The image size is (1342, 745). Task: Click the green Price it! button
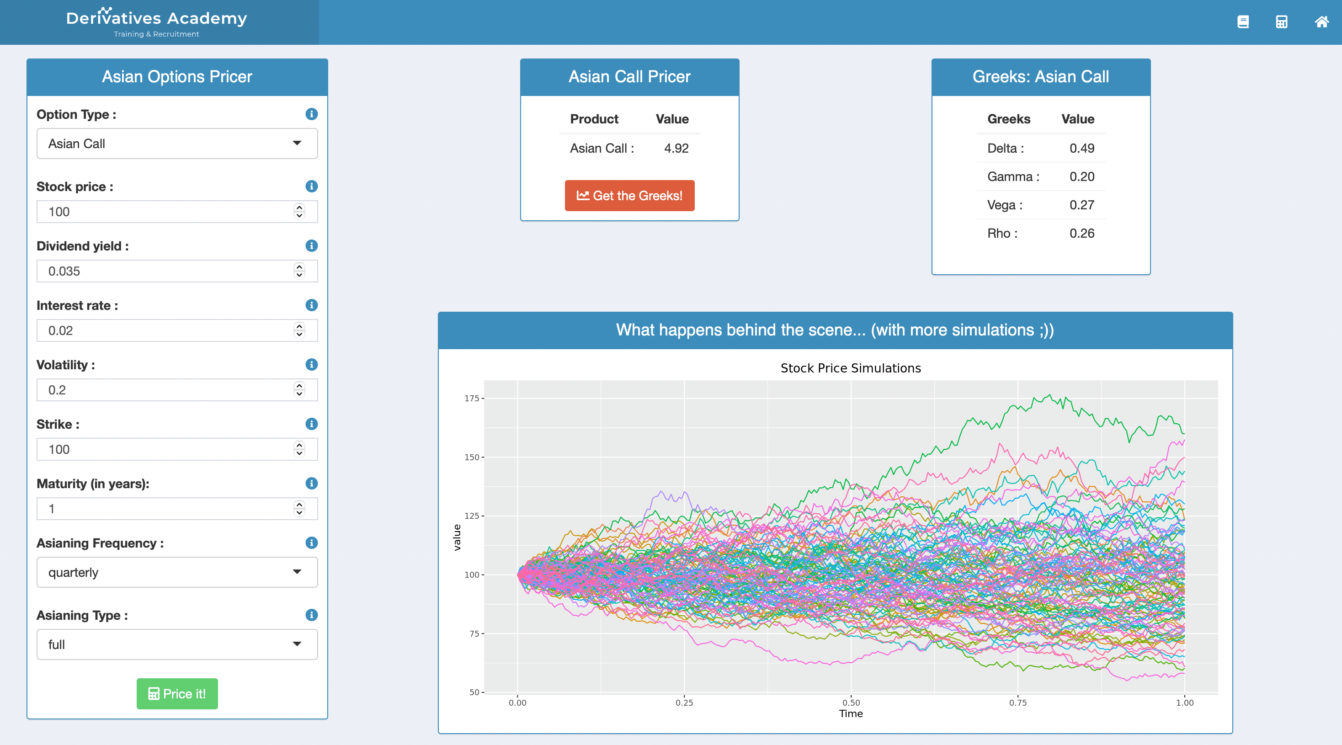tap(177, 693)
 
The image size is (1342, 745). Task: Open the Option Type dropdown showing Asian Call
tap(177, 144)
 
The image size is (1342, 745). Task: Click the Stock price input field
tap(177, 212)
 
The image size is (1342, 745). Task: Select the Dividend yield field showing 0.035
tap(177, 271)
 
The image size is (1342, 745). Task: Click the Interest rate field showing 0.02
tap(177, 330)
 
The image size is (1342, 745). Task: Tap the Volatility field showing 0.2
tap(177, 390)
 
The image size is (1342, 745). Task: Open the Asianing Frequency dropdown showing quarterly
tap(177, 572)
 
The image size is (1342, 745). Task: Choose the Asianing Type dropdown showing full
tap(177, 644)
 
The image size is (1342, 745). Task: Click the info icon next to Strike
tap(312, 424)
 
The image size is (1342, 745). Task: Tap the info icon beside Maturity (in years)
tap(312, 484)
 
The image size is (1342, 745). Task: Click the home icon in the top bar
tap(1322, 22)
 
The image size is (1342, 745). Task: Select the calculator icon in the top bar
tap(1282, 22)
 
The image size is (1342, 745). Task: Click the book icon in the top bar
tap(1243, 22)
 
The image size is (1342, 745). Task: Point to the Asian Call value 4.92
tap(676, 149)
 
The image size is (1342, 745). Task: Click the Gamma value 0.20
tap(1082, 176)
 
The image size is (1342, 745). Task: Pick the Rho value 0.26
tap(1082, 234)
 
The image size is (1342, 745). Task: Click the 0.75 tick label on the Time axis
tap(1018, 703)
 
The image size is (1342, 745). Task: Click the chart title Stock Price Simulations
tap(851, 368)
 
